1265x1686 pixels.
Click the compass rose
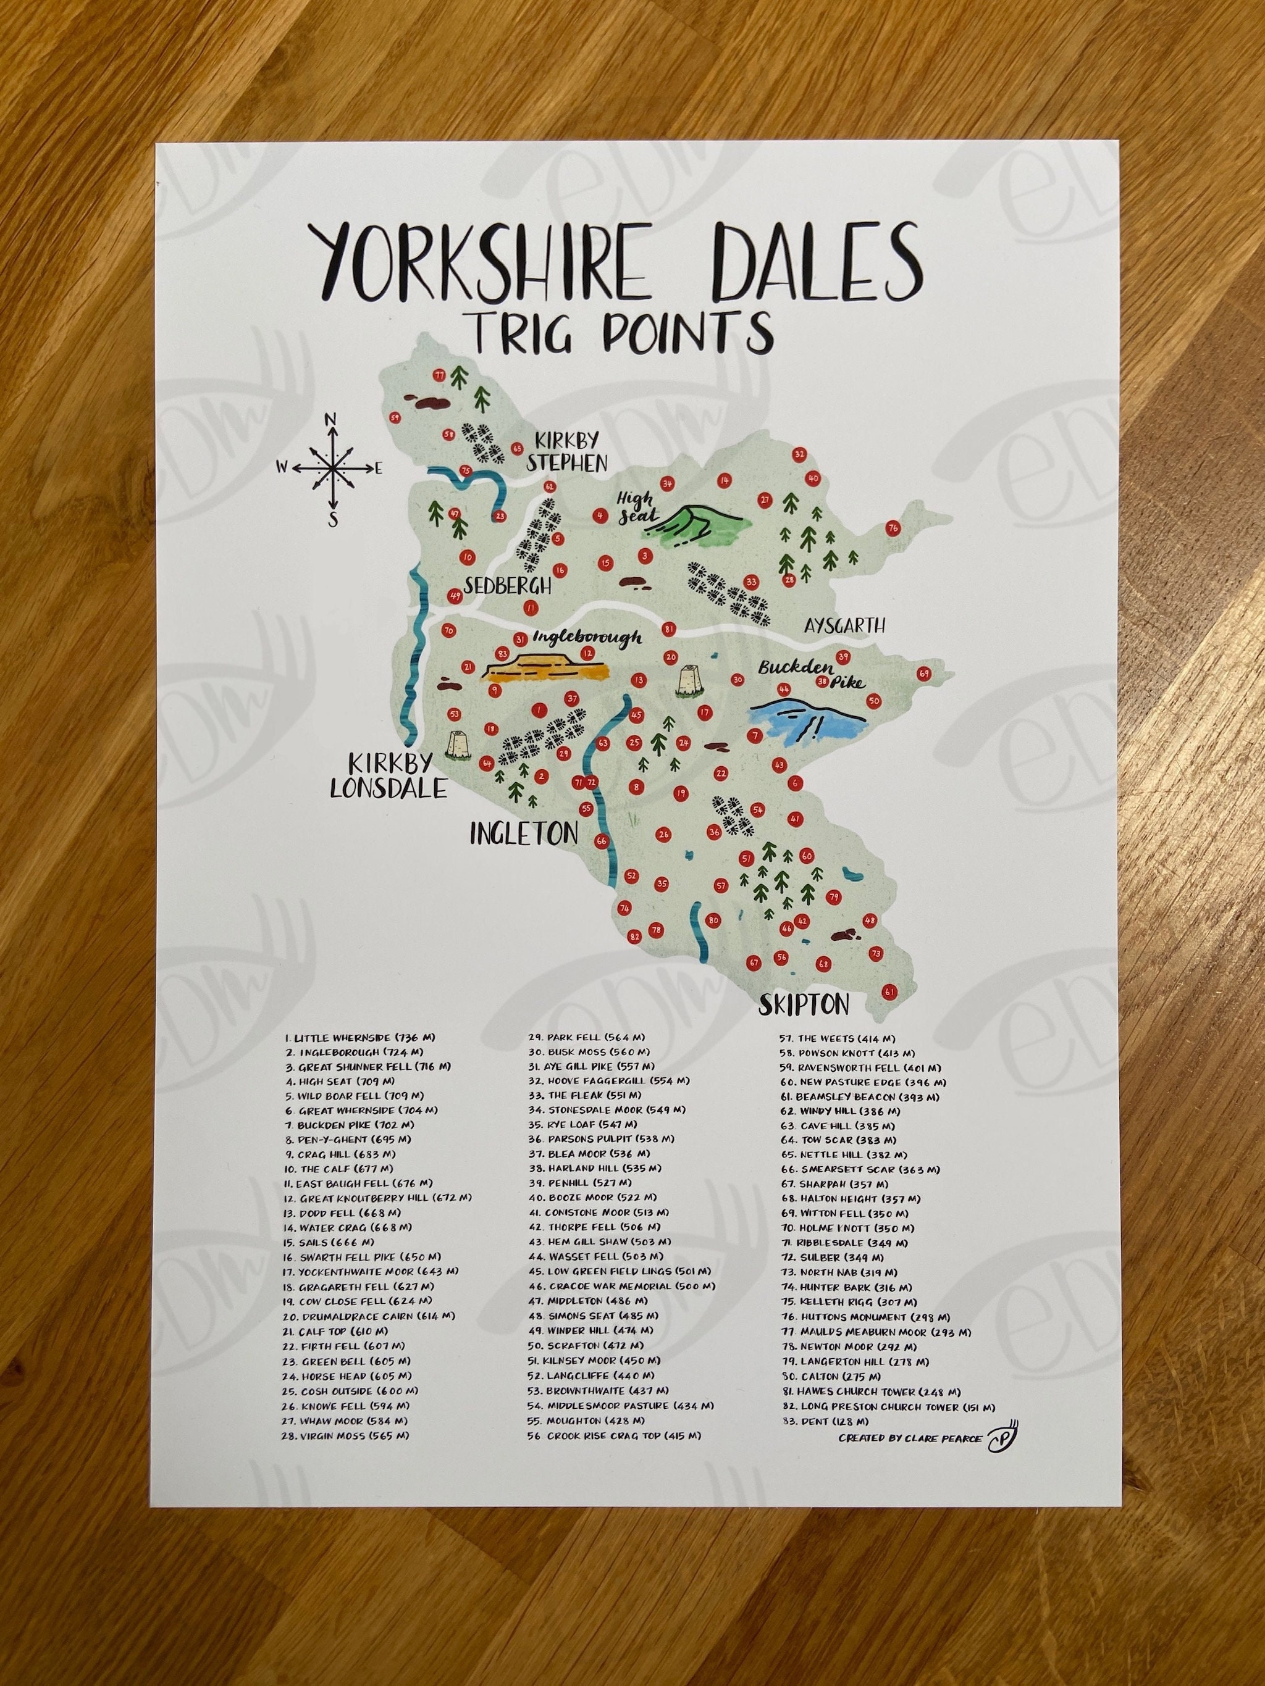(x=332, y=468)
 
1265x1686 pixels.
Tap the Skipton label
(x=804, y=1004)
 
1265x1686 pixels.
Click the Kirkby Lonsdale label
(x=387, y=776)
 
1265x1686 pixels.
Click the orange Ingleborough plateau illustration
(x=547, y=668)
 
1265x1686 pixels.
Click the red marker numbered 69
(x=923, y=673)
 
